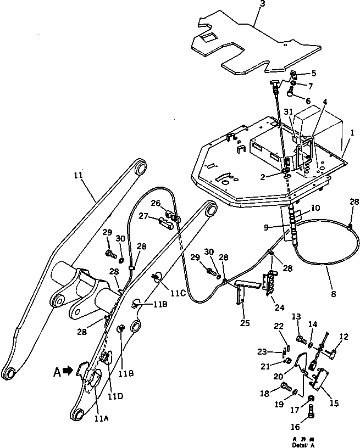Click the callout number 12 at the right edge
point(344,336)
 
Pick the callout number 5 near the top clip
point(314,73)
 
